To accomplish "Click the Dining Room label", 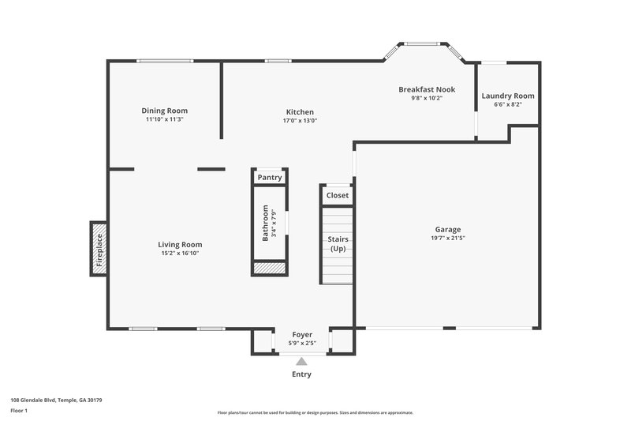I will click(x=164, y=111).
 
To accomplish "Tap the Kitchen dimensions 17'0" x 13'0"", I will click(x=300, y=122).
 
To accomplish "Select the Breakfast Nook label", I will click(x=426, y=89).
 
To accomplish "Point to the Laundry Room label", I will click(x=507, y=96).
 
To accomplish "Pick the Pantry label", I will click(x=269, y=178).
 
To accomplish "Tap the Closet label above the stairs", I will click(x=337, y=195).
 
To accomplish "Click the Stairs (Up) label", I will click(x=337, y=243).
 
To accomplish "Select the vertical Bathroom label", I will click(x=266, y=224).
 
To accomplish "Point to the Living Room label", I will click(x=180, y=245).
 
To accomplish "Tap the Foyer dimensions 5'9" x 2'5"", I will click(x=302, y=343).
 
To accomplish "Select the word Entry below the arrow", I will click(x=301, y=374).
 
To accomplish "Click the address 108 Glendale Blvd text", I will click(x=55, y=400).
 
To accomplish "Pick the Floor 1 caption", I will click(x=20, y=411).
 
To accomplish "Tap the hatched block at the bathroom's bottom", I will click(x=269, y=269).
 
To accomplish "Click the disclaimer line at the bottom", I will click(x=315, y=412).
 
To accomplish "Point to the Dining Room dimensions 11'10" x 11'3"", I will click(x=164, y=120).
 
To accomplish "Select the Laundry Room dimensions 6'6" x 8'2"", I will click(x=507, y=104).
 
